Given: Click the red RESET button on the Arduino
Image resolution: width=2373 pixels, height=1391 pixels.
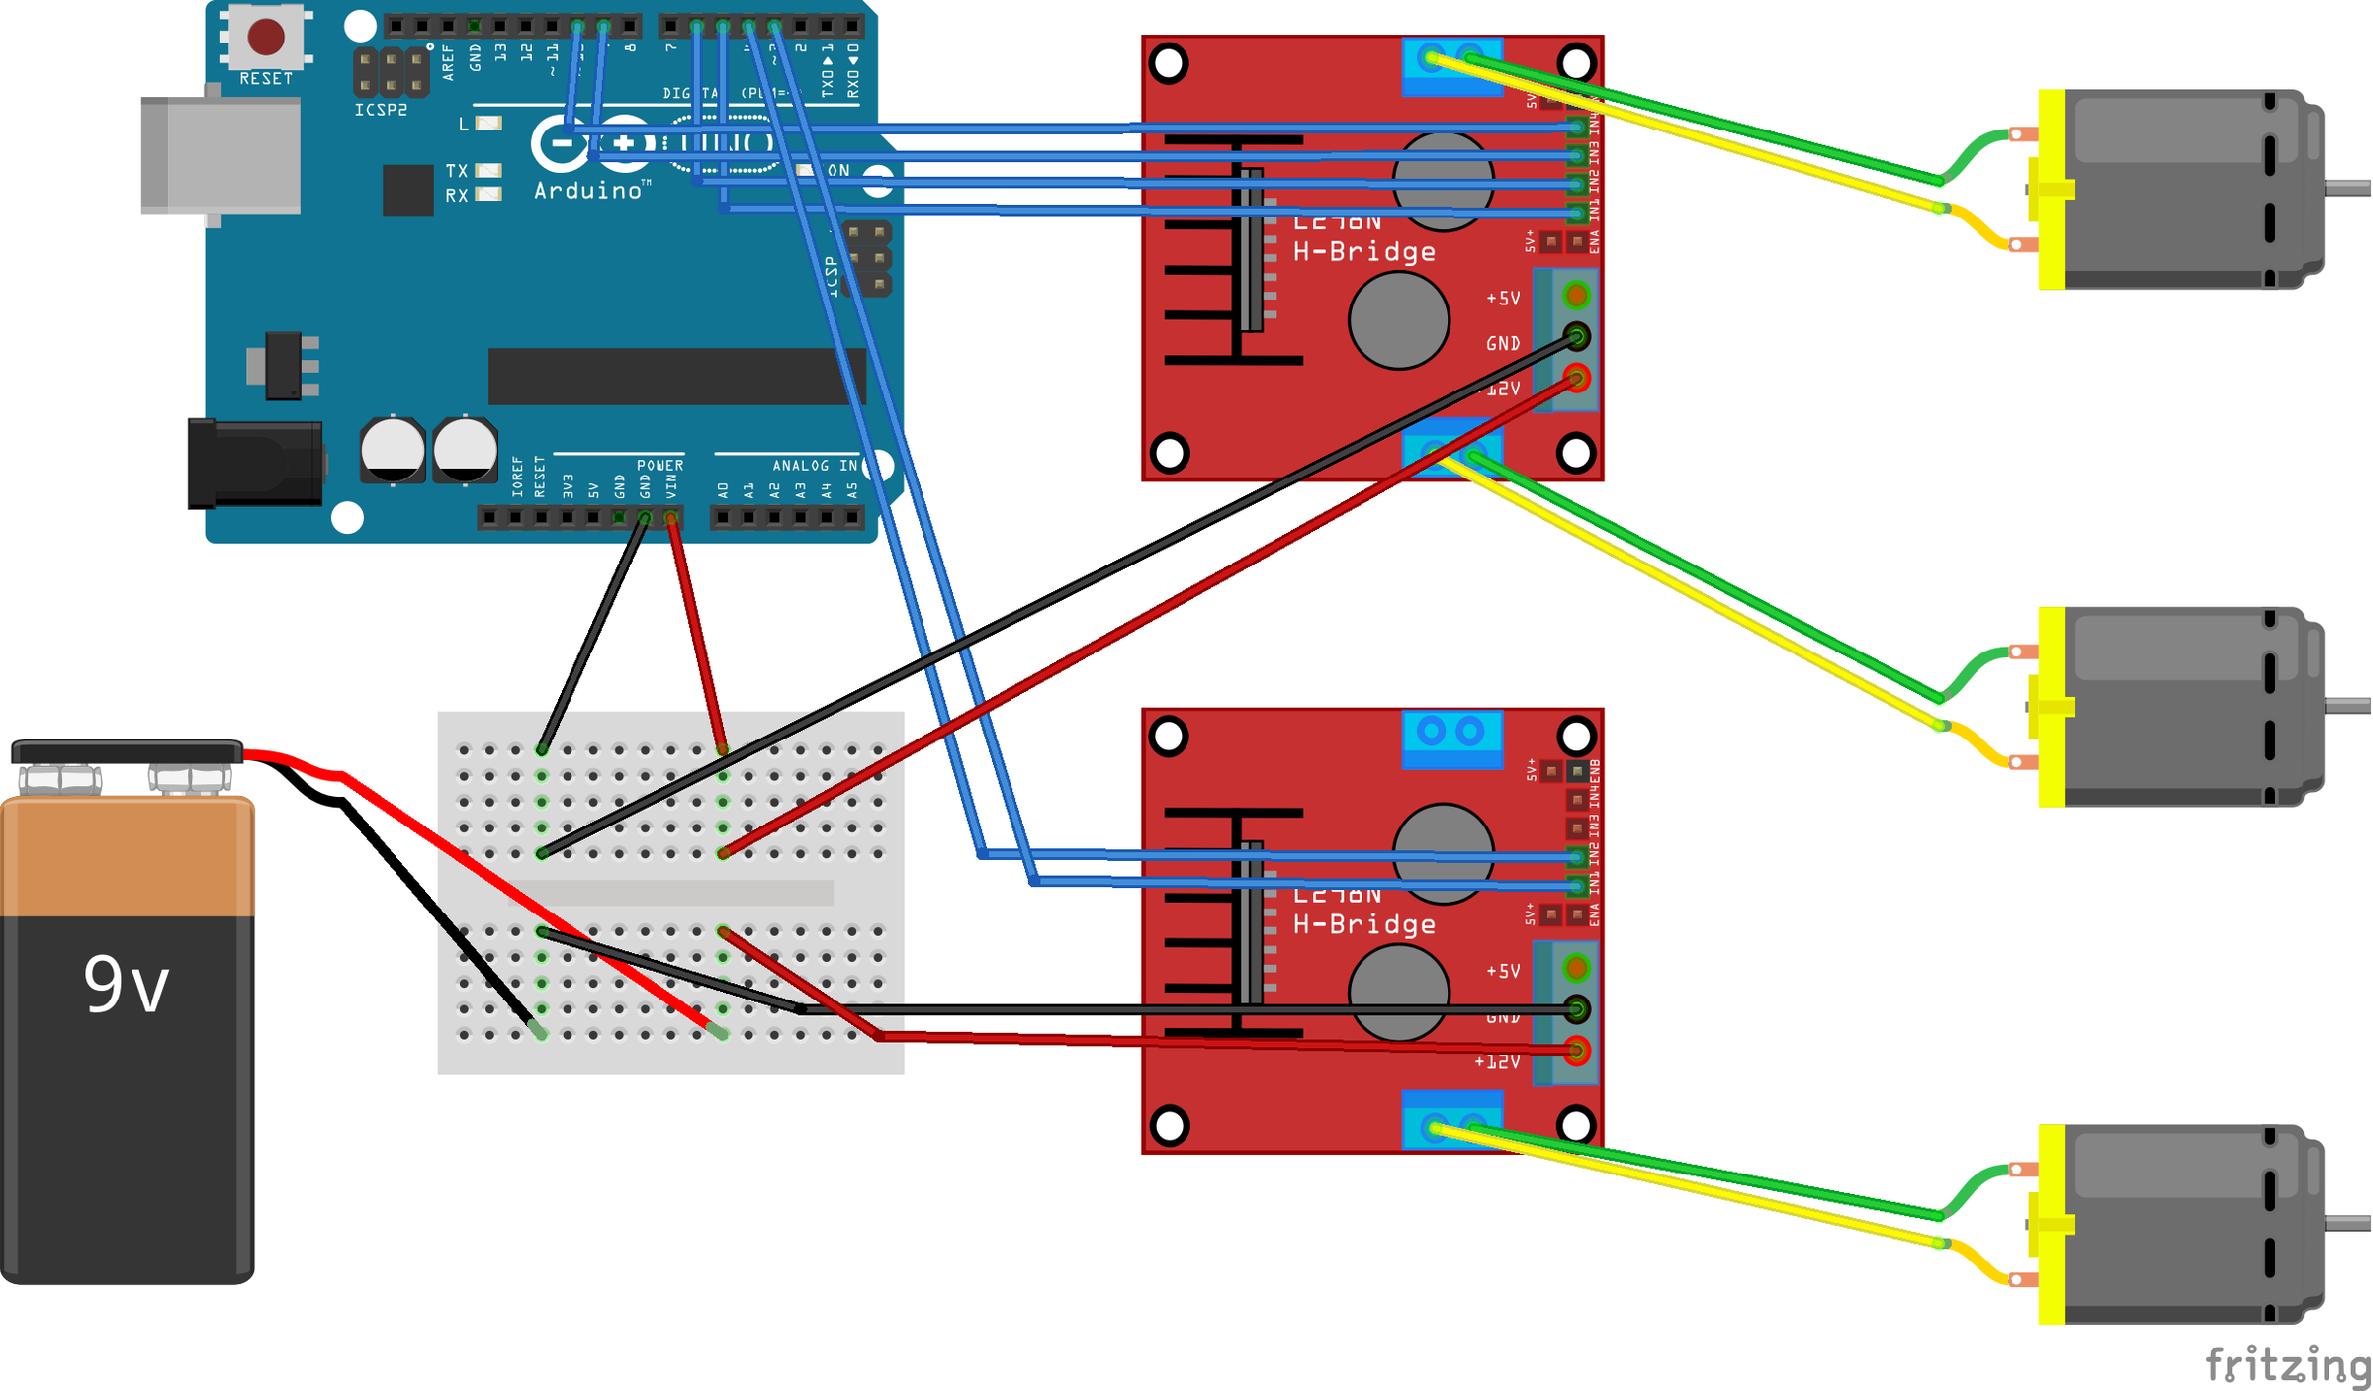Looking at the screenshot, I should pyautogui.click(x=265, y=37).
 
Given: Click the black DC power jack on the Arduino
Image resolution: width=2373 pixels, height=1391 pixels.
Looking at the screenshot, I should pyautogui.click(x=255, y=464).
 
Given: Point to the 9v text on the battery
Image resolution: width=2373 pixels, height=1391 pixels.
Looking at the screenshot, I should pyautogui.click(x=126, y=985).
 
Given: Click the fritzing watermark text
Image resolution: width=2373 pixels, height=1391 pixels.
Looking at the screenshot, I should pyautogui.click(x=2287, y=1365).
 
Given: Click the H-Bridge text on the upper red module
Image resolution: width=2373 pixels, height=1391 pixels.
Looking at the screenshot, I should pyautogui.click(x=1363, y=252).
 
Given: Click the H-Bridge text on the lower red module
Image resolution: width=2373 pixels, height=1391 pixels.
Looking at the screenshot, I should pyautogui.click(x=1363, y=924).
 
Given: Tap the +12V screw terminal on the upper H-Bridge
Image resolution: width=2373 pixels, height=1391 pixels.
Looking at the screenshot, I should pyautogui.click(x=1576, y=377).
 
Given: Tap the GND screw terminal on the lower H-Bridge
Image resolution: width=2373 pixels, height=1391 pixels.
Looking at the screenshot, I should pyautogui.click(x=1576, y=1009).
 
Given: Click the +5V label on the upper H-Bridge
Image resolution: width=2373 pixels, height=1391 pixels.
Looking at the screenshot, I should pyautogui.click(x=1503, y=298).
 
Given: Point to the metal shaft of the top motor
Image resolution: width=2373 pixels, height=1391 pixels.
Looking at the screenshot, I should pyautogui.click(x=2348, y=188).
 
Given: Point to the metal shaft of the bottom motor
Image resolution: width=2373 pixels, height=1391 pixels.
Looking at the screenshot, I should pyautogui.click(x=2348, y=1224).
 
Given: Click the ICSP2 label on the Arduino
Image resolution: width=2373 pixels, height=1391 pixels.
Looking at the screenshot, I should pyautogui.click(x=381, y=110).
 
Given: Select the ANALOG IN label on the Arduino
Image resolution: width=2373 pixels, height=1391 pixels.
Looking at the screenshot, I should pyautogui.click(x=815, y=465).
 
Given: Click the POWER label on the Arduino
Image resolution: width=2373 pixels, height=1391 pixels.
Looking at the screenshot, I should pyautogui.click(x=659, y=465).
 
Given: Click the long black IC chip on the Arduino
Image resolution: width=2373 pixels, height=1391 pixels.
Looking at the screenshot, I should pyautogui.click(x=676, y=376).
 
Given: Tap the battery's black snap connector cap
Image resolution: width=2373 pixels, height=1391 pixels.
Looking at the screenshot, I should pyautogui.click(x=127, y=752).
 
